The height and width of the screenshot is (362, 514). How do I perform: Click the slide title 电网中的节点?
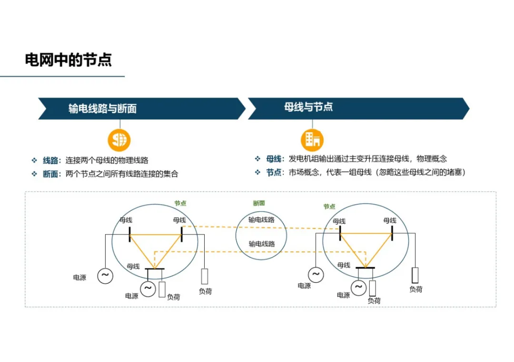(68, 60)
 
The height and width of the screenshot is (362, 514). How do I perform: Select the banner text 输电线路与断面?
(102, 109)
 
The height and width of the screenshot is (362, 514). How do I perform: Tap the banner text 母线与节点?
(308, 107)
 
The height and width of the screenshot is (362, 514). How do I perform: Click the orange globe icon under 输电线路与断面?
(119, 140)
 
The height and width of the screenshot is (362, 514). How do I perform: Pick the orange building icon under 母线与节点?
(312, 139)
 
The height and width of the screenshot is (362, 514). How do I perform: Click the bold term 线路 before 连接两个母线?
(50, 161)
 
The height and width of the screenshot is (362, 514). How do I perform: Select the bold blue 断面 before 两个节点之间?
(50, 174)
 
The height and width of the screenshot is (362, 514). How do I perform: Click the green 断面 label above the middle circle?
(259, 203)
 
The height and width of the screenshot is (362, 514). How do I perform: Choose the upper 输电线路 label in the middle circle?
(261, 220)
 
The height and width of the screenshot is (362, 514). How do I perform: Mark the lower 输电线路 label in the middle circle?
(262, 244)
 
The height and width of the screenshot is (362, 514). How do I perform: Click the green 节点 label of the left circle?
(180, 203)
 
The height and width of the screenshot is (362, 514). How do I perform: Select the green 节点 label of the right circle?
(329, 207)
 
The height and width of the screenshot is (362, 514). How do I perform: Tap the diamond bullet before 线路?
(34, 161)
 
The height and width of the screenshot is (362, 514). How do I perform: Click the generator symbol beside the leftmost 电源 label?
(105, 275)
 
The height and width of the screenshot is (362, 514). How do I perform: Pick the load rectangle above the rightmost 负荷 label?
(415, 275)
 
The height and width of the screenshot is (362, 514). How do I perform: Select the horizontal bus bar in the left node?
(154, 269)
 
